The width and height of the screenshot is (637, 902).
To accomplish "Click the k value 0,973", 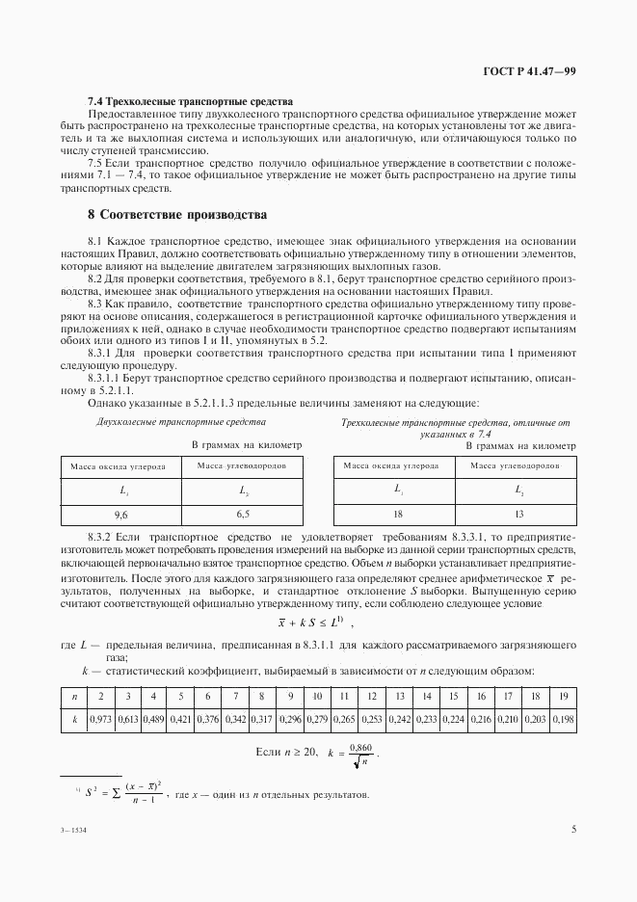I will coord(100,719).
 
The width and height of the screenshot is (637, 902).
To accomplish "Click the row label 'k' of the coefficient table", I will coord(73,719).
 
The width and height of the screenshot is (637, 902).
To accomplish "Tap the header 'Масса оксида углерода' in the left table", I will coord(119,466).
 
